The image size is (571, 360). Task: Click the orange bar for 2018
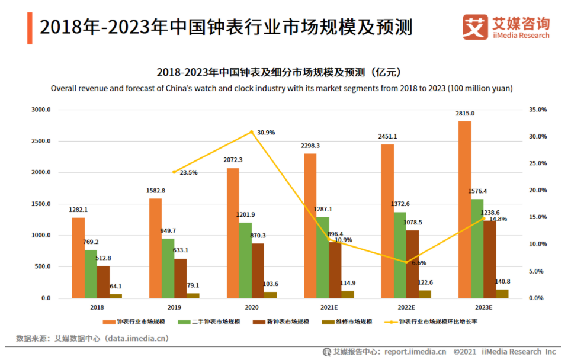click(x=78, y=258)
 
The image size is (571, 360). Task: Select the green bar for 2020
click(x=245, y=260)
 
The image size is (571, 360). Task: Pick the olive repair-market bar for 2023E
click(x=502, y=294)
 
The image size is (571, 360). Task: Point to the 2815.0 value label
click(x=465, y=114)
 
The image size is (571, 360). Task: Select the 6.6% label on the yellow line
click(x=419, y=262)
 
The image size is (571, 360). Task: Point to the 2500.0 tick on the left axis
click(x=41, y=142)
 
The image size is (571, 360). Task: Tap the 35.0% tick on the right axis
click(x=538, y=110)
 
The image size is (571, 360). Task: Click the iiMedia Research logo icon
click(x=475, y=27)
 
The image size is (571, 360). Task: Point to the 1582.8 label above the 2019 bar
click(x=155, y=191)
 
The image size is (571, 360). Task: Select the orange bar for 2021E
click(x=310, y=226)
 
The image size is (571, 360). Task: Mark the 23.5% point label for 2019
click(x=188, y=173)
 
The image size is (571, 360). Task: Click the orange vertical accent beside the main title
click(x=30, y=27)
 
